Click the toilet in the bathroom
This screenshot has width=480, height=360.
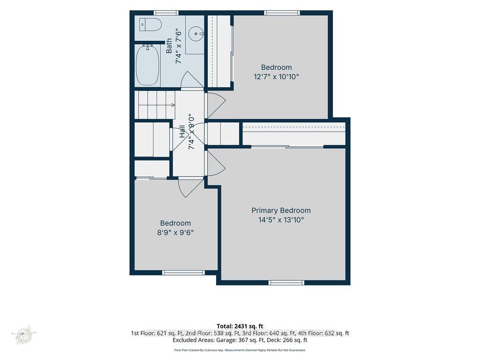coord(150,24)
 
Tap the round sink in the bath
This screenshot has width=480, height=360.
coord(195,32)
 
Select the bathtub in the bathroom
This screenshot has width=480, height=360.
coord(148,65)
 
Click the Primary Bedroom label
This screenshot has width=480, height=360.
coord(281,210)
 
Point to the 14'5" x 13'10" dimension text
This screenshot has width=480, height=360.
coord(281,220)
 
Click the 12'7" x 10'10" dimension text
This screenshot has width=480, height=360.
coord(276,76)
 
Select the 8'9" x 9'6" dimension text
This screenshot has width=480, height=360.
coord(175,232)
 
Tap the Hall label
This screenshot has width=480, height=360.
coord(182,131)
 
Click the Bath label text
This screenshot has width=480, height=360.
coord(169,46)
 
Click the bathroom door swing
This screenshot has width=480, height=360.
coord(191,80)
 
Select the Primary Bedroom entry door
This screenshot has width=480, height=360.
coord(216,164)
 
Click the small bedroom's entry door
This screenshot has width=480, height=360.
coord(190,188)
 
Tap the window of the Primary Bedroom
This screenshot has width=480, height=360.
coord(286,282)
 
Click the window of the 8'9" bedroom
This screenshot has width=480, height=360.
coord(183,272)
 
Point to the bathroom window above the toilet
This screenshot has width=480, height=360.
coord(165,13)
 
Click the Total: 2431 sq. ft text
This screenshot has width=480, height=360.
coord(240,326)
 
